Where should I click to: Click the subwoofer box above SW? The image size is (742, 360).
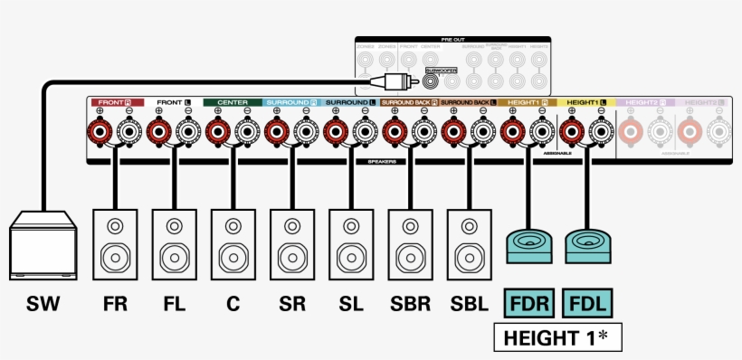pos(43,245)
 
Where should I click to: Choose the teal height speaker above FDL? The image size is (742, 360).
pos(587,245)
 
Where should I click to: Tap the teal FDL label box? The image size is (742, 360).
pos(587,303)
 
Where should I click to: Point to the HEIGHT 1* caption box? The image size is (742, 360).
pos(556,338)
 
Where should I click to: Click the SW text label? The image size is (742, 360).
pos(43,304)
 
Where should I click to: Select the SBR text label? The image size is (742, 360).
pos(410,304)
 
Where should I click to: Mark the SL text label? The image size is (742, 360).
pos(351,304)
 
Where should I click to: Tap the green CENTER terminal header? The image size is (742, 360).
pos(233,103)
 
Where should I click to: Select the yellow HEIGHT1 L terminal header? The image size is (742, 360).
pos(587,103)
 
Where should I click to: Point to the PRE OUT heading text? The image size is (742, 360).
pos(452,40)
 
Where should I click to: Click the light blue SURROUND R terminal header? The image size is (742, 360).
pos(292,103)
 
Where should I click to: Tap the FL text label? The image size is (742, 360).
pos(175,304)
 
